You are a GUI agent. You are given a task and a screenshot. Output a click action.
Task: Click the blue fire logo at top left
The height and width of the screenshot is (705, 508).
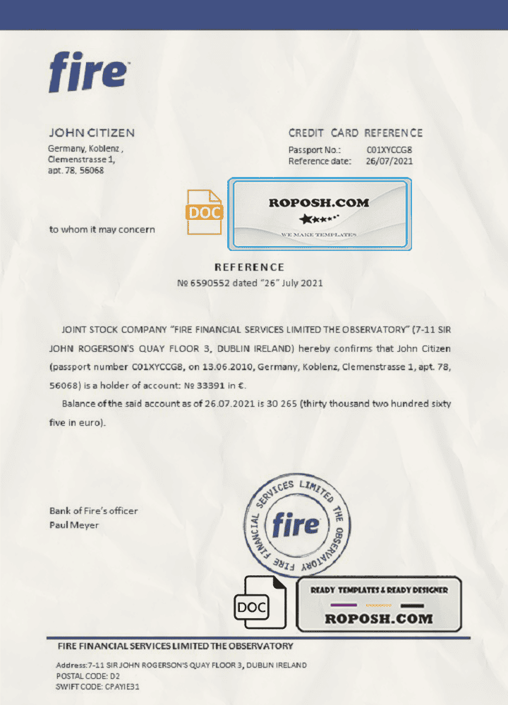[x=88, y=72]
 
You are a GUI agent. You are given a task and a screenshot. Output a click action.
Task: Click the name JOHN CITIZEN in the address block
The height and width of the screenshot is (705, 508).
[x=91, y=133]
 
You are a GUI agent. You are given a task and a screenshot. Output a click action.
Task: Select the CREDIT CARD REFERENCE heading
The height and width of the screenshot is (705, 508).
[x=356, y=133]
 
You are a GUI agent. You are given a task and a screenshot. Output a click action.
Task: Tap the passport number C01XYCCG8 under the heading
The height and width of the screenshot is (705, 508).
[x=389, y=150]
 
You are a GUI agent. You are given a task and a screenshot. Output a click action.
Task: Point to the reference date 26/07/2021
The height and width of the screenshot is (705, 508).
[x=389, y=161]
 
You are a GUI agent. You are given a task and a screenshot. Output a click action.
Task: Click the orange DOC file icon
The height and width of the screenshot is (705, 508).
[x=204, y=212]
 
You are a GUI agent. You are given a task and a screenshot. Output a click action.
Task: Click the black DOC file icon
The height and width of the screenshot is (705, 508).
[x=260, y=603]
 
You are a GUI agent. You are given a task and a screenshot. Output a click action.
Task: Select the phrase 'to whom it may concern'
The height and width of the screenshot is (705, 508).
[x=102, y=229]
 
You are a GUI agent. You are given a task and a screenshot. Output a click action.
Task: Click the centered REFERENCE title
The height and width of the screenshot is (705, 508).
[x=249, y=267]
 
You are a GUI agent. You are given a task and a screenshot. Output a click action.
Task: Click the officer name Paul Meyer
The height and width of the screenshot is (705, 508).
[x=74, y=525]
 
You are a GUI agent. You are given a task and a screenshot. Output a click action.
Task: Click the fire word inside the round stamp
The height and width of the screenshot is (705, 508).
[x=296, y=525]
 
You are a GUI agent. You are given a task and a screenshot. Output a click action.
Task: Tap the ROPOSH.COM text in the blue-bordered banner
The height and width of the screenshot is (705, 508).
[x=319, y=203]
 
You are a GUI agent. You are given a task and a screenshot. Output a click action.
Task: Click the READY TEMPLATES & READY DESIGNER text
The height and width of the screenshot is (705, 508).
[x=379, y=590]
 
